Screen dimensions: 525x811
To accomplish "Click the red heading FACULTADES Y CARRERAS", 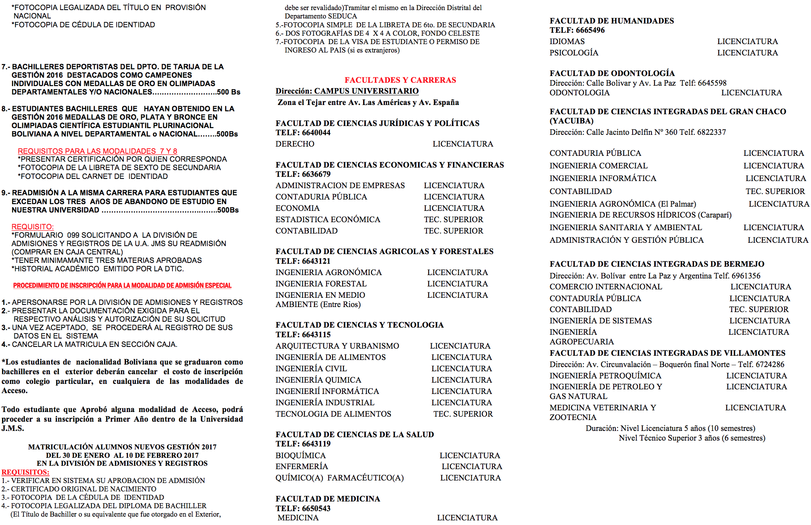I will [x=400, y=80].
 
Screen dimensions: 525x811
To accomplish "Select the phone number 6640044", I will [x=316, y=133].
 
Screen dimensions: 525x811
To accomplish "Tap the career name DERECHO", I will [x=295, y=144].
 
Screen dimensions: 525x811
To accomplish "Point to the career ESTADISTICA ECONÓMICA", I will [x=327, y=220].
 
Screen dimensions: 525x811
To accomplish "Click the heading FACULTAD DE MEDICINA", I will [x=327, y=499].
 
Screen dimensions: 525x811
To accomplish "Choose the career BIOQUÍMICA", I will [x=300, y=456].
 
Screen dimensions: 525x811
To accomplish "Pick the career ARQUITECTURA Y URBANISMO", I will [x=337, y=346].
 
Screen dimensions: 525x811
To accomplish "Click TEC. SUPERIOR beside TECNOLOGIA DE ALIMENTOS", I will [x=463, y=414].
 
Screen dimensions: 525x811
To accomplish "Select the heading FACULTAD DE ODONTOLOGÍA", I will [x=612, y=73].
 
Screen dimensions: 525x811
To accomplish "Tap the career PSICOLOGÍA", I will [x=574, y=53].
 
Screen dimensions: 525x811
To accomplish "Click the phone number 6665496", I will [x=590, y=30].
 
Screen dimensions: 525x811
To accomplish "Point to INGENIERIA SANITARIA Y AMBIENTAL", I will [x=625, y=228].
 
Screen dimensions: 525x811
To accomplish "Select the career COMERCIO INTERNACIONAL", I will [x=606, y=287].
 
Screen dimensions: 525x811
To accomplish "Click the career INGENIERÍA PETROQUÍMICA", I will [x=605, y=376].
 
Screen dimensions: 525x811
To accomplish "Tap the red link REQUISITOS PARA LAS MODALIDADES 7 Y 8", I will [x=97, y=151].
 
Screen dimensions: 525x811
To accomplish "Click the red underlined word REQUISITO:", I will [x=33, y=227].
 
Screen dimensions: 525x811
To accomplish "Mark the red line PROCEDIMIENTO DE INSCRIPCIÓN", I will [x=122, y=286].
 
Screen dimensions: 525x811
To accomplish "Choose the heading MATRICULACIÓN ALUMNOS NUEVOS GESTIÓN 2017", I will [x=122, y=447].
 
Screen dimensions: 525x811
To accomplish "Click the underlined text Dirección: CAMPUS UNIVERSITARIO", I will [x=347, y=91].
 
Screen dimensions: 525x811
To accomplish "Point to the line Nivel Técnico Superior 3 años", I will [x=692, y=438].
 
